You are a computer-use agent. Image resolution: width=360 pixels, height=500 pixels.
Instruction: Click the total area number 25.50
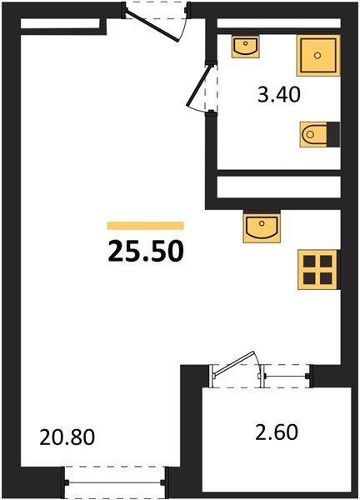click(x=145, y=249)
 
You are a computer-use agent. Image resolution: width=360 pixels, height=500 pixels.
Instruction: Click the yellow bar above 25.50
click(x=145, y=225)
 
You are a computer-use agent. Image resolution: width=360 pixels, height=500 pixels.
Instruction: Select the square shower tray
click(x=317, y=56)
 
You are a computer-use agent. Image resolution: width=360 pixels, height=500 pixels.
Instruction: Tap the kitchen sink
click(x=260, y=226)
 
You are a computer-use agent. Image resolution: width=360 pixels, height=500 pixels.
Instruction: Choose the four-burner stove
click(x=319, y=268)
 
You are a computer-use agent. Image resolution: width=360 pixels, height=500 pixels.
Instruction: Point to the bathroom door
click(x=203, y=90)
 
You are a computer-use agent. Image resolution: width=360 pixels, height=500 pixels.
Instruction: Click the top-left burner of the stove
click(x=311, y=260)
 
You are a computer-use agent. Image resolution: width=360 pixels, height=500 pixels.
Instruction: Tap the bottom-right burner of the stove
click(x=327, y=277)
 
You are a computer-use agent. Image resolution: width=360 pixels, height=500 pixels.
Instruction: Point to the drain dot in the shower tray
click(x=317, y=56)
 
